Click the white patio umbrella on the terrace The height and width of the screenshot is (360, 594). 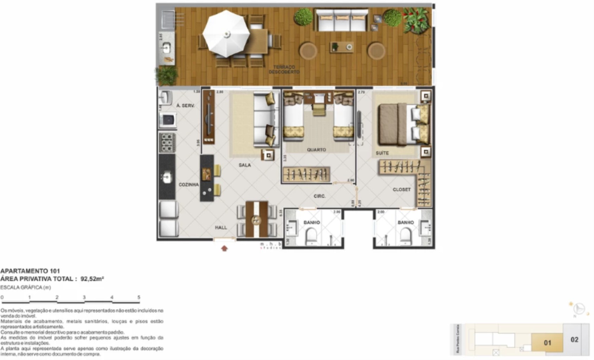pos(226,34)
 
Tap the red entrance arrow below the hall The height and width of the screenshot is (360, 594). pos(224,248)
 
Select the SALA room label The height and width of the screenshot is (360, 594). pos(245,165)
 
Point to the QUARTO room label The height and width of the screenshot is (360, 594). pos(316,150)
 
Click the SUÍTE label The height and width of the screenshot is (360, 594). pos(382,153)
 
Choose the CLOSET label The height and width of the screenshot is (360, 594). pos(402,189)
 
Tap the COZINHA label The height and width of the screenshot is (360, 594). pos(189,185)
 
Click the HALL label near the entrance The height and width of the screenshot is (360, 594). pos(221,227)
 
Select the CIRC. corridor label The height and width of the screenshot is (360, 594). pos(319,196)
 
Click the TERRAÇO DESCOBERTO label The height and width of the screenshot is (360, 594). pos(284,69)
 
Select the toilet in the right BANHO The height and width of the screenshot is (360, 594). pos(405,236)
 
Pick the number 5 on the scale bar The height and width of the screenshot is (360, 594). pos(139,297)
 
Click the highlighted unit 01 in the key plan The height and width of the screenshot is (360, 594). pos(547,342)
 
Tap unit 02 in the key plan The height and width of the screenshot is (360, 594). pos(574,340)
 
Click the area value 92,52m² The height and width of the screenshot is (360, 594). pos(92,279)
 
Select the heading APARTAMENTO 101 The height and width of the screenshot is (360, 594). pos(30,271)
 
